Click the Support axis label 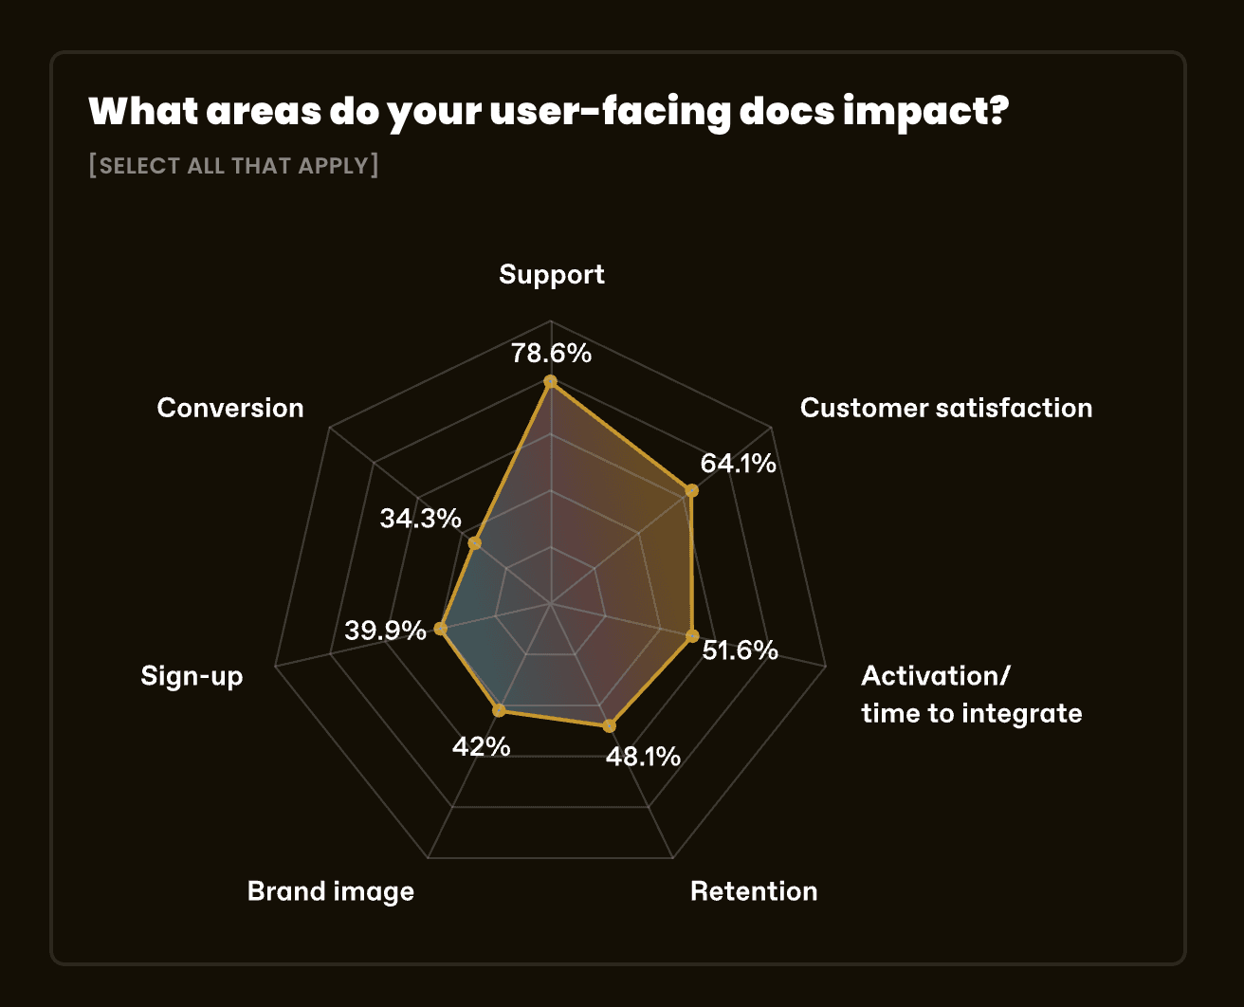pos(551,275)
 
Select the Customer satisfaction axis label pos(945,408)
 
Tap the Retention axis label pos(753,891)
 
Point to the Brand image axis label pos(330,891)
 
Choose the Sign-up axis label pos(192,676)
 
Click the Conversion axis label pos(230,408)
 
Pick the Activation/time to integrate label pos(971,694)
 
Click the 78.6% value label pos(551,354)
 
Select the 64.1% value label pos(738,464)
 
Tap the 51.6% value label pos(740,650)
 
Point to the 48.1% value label pos(642,757)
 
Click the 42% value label pos(481,747)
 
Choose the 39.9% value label pos(385,630)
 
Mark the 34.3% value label pos(420,519)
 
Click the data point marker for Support pos(550,382)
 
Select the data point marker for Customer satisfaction pos(691,490)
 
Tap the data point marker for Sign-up pos(440,628)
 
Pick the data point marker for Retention pos(609,725)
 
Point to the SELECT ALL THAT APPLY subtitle pos(233,166)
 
